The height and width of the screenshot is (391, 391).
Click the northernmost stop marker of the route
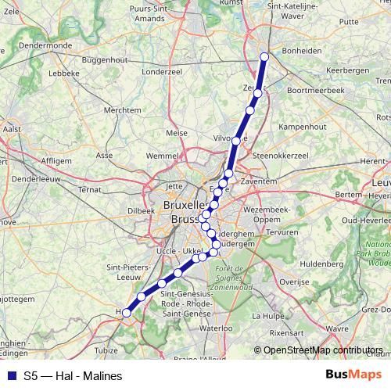tap(264, 56)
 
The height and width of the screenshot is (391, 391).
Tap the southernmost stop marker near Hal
tap(127, 313)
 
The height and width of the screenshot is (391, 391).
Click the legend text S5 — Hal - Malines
tap(73, 376)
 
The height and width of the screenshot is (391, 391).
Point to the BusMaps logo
tap(353, 375)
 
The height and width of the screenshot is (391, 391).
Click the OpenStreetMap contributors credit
tap(323, 350)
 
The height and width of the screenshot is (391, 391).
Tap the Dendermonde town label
tap(46, 46)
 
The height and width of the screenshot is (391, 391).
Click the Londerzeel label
tap(163, 70)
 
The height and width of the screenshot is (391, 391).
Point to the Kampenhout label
tap(301, 126)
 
